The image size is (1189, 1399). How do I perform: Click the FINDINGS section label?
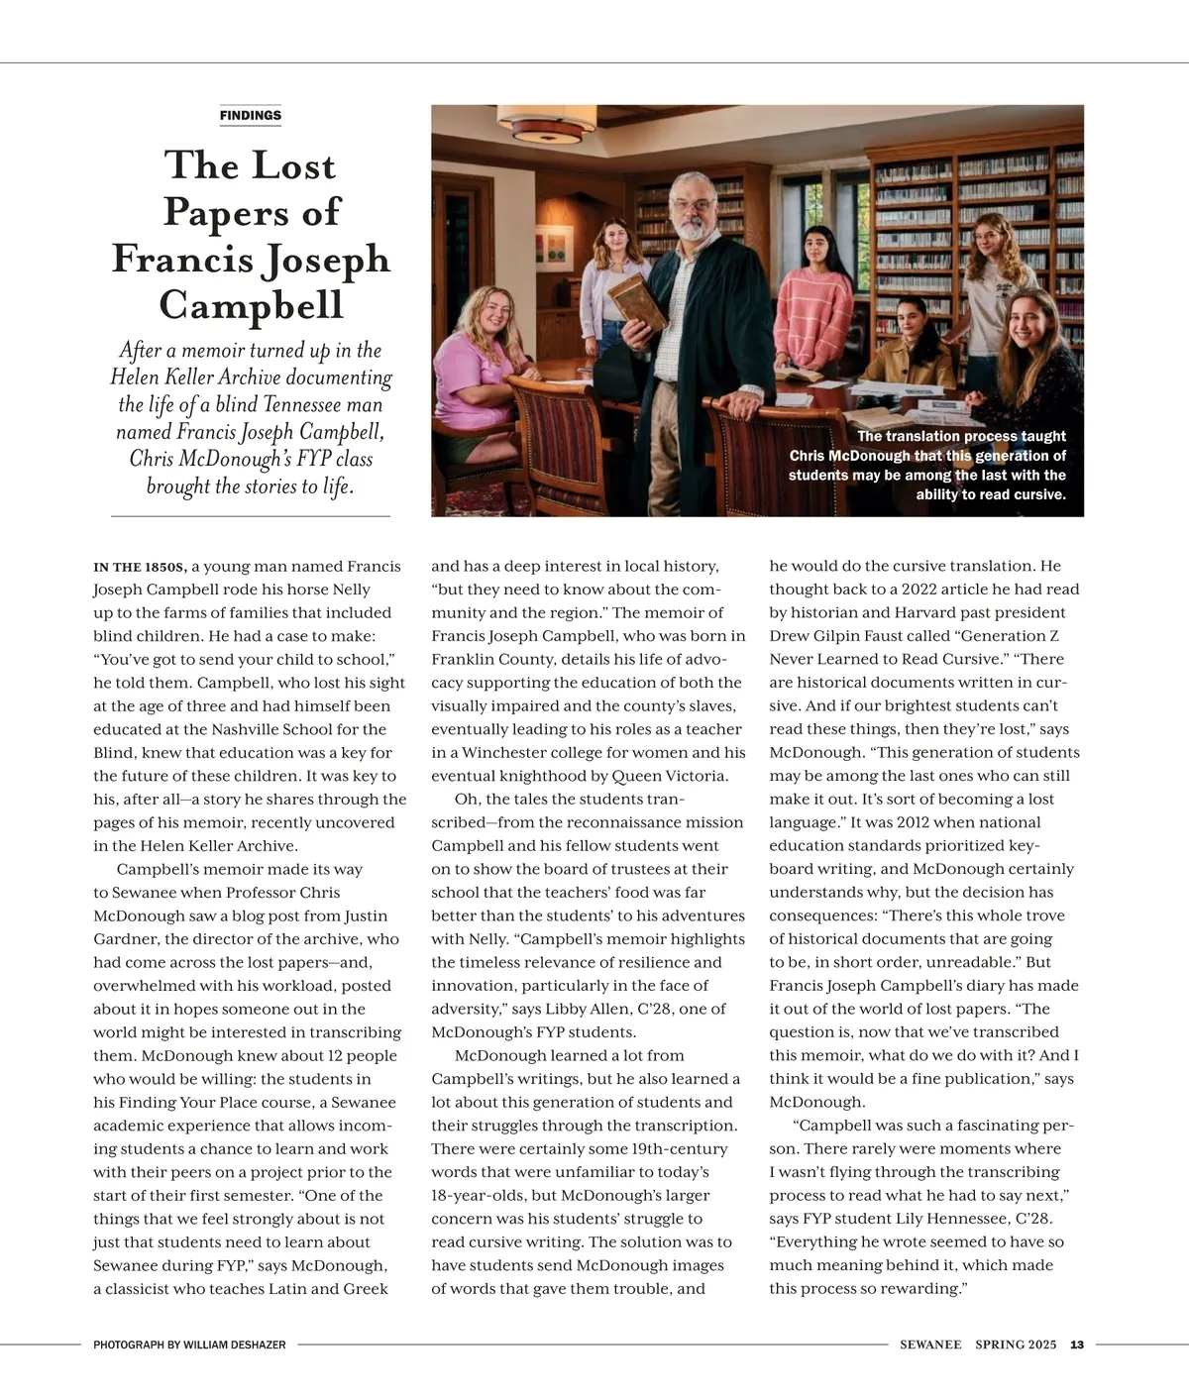[251, 115]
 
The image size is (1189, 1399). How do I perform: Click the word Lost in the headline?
[292, 165]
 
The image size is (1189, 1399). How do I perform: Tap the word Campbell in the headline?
[251, 304]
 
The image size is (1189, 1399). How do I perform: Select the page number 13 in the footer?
[1077, 1345]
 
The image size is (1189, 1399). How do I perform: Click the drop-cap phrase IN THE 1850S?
[140, 568]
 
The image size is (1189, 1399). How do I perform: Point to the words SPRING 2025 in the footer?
[1016, 1345]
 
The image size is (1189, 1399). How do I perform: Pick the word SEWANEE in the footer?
[930, 1345]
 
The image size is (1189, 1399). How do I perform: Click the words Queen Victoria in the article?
[683, 776]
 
